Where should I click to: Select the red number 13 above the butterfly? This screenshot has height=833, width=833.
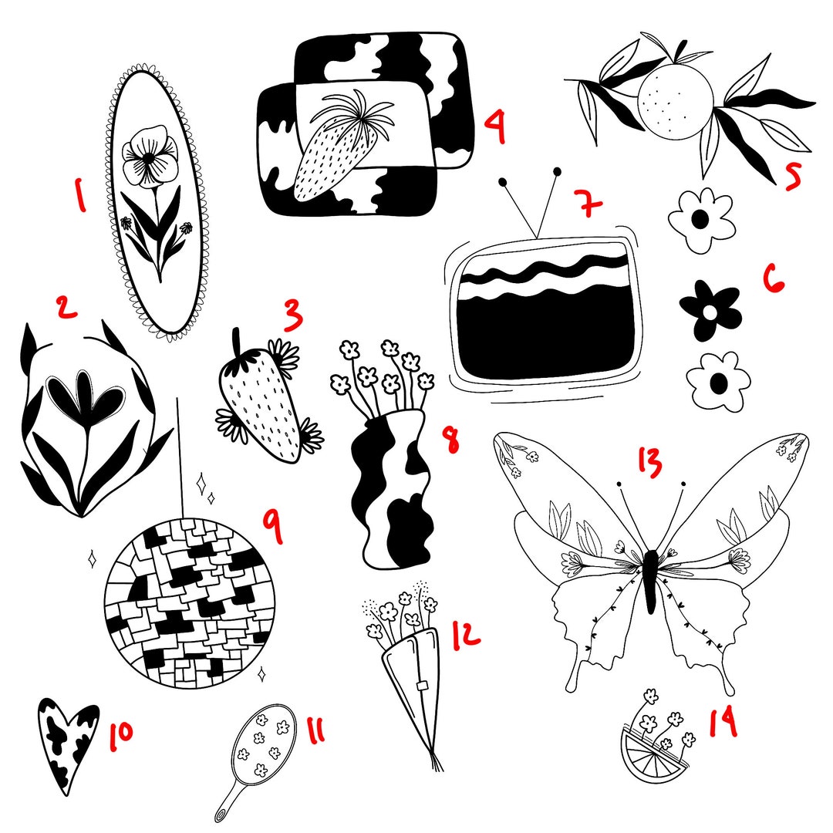click(x=649, y=462)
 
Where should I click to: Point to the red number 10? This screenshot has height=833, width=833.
click(x=120, y=734)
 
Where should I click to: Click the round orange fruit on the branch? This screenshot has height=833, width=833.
click(x=676, y=104)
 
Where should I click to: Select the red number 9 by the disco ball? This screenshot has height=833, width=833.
click(x=271, y=528)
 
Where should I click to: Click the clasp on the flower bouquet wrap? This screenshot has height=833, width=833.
click(x=421, y=684)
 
